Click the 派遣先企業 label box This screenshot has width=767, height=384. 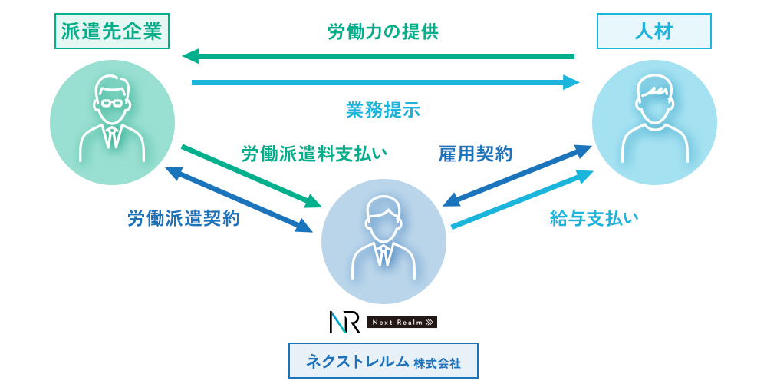coord(112,31)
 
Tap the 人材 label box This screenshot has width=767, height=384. coord(654,31)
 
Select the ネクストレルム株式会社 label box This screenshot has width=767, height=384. coord(383,361)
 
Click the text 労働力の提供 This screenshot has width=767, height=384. coord(383,32)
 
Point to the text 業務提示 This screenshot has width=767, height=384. coord(383,110)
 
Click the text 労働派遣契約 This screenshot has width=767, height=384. coord(183,219)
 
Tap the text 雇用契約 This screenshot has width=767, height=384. coord(475,154)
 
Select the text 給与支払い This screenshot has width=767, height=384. coord(594,219)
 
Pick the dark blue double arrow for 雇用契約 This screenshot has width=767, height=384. coord(518,176)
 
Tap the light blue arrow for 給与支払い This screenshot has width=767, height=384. coord(522,199)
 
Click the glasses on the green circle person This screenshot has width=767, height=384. coord(112,103)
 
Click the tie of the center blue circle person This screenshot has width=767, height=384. coord(383,253)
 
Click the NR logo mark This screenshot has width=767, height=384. coord(344,322)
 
